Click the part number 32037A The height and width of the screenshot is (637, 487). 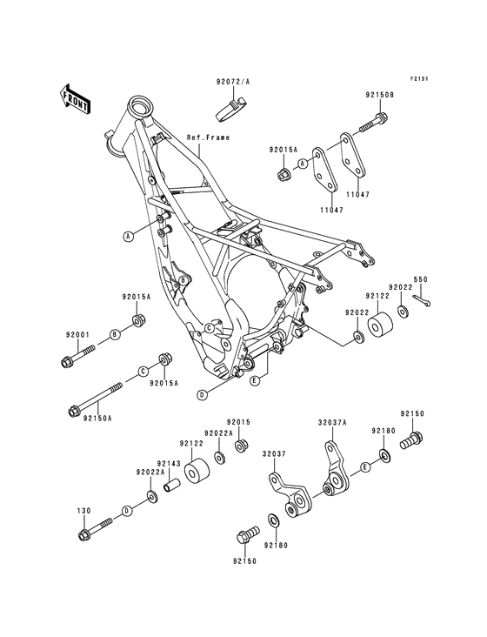[333, 421]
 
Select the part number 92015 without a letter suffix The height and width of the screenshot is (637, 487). [239, 422]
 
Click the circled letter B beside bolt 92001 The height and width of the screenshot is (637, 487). [114, 334]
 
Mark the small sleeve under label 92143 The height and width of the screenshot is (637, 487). [171, 479]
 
